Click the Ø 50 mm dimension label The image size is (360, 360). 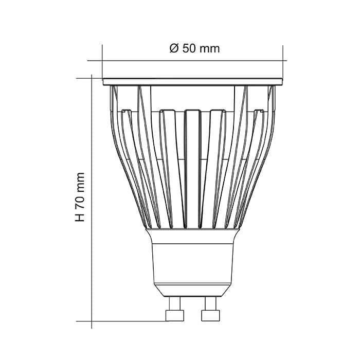click(x=194, y=48)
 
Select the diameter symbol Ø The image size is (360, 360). click(x=173, y=48)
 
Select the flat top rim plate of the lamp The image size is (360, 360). click(x=193, y=81)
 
